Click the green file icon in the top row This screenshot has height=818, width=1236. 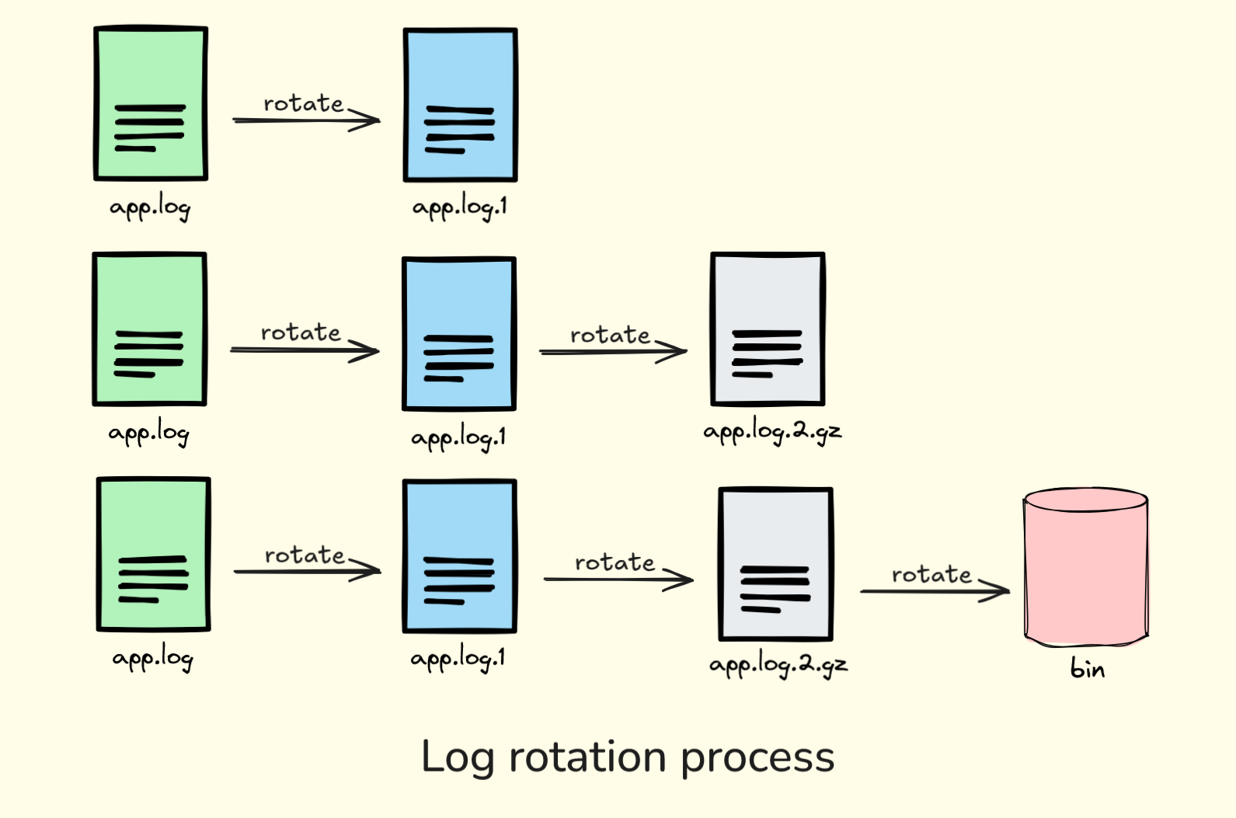pos(151,103)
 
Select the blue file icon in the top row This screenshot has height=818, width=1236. pos(460,105)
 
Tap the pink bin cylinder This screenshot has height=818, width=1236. pos(1085,567)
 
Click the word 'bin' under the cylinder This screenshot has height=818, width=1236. pos(1087,668)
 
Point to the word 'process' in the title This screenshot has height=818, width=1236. pos(757,758)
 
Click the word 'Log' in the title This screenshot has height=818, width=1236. pos(457,758)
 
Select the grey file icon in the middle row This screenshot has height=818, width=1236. pos(767,329)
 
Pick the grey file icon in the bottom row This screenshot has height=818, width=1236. pos(775,564)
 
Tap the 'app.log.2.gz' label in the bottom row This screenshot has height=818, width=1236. pos(778,665)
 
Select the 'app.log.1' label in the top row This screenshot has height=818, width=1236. pos(459,207)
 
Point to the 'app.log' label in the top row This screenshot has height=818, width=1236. pos(150,207)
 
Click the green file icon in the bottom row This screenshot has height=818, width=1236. pos(154,554)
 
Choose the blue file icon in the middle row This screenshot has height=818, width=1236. pos(458,334)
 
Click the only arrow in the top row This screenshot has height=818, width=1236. pos(305,120)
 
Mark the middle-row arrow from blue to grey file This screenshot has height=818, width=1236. pos(612,352)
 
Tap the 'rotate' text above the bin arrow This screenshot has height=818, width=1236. pos(931,574)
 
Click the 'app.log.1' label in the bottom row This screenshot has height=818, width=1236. pos(458,659)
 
